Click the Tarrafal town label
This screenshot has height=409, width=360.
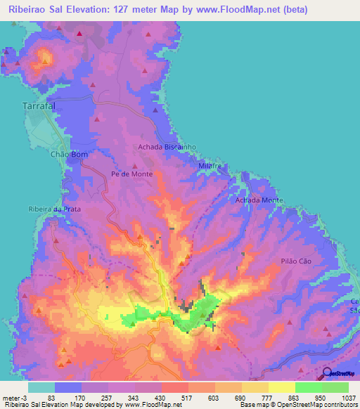35,108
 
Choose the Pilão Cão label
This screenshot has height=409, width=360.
295,259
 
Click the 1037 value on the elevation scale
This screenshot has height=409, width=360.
349,397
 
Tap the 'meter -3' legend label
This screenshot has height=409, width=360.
15,397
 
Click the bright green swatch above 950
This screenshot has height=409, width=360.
308,387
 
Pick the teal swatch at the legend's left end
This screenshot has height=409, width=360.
41,387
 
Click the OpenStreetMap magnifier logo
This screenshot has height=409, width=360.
327,374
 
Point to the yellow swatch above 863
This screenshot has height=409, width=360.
281,387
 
